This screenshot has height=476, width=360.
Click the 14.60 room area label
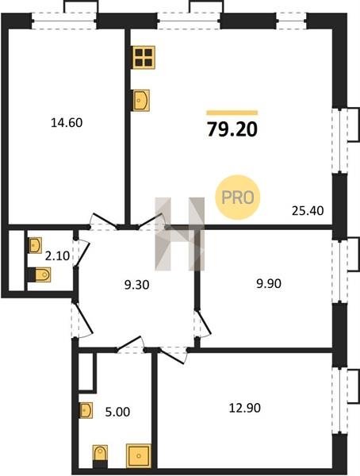tap(67, 123)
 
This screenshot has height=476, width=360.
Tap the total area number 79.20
tap(232, 129)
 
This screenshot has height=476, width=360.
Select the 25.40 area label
tap(308, 210)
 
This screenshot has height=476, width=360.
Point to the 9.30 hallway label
tap(136, 285)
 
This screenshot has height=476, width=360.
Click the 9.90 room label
tap(269, 283)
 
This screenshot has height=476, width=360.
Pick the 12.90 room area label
tap(244, 408)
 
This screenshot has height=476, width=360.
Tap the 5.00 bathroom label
tap(117, 412)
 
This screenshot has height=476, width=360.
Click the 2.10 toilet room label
tap(57, 256)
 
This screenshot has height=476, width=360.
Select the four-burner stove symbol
tap(144, 57)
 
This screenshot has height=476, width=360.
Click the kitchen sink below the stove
tap(141, 100)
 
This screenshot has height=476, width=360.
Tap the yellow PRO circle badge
tap(238, 198)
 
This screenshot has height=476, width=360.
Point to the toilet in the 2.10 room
tap(39, 274)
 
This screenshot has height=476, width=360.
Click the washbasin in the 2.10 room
tap(35, 245)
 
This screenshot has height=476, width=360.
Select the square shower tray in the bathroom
tap(139, 456)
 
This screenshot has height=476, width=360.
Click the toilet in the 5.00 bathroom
tap(100, 457)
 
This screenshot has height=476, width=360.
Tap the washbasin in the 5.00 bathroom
tap(86, 410)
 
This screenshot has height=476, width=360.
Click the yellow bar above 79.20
tap(232, 113)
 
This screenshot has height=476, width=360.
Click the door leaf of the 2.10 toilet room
tap(82, 255)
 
